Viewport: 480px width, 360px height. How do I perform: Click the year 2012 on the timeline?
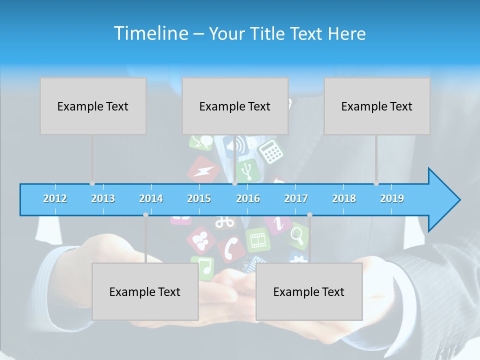tap(55, 198)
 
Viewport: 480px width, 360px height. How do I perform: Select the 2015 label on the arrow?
tap(199, 198)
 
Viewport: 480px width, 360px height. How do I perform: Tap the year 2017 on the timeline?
tap(296, 198)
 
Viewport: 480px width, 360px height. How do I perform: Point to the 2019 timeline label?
tap(392, 198)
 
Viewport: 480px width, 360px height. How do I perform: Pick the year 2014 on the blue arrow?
tap(151, 198)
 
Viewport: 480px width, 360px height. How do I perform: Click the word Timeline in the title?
tap(150, 33)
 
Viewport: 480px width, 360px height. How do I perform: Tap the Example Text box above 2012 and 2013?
tap(93, 106)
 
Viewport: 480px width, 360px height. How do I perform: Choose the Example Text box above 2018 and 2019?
tap(377, 106)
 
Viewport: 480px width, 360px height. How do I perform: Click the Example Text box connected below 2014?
tap(145, 291)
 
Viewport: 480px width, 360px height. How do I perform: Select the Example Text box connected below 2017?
tap(309, 291)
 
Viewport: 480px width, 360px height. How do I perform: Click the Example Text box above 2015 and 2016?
tap(235, 106)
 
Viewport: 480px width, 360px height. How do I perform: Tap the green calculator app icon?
tap(271, 150)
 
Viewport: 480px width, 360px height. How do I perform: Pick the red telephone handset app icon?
tap(231, 248)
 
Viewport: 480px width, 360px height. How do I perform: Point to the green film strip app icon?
tap(258, 239)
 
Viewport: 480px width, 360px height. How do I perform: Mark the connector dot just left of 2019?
tap(376, 183)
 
